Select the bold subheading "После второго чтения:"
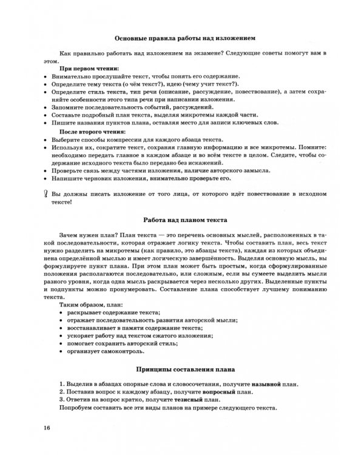tap(92, 132)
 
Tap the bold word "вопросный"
tap(216, 393)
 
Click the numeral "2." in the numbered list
tap(62, 393)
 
